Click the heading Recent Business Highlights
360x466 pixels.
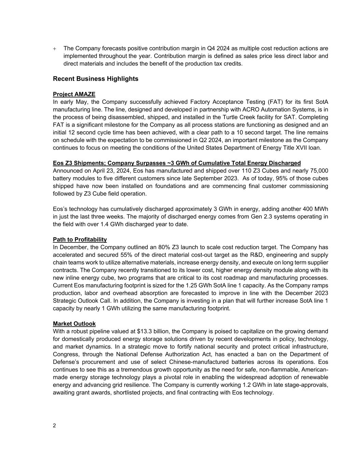[96, 79]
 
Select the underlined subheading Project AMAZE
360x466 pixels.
[74, 94]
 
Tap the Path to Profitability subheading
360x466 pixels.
[80, 240]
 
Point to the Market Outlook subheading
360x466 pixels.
[74, 324]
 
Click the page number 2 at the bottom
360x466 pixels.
[55, 425]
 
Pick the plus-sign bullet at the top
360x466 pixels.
[55, 48]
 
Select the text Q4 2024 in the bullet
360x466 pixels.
[218, 48]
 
